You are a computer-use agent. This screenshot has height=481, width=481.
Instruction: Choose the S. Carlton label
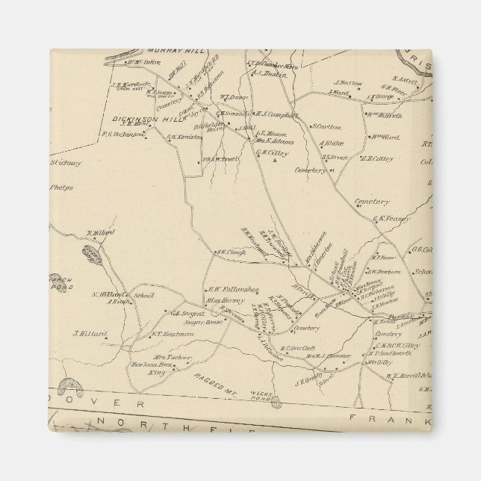[x=326, y=126]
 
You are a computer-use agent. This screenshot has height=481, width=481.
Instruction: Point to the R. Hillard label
[x=100, y=233]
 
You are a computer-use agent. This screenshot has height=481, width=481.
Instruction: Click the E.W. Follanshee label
[x=226, y=289]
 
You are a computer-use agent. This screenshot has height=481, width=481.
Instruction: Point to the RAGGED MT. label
[x=217, y=379]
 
